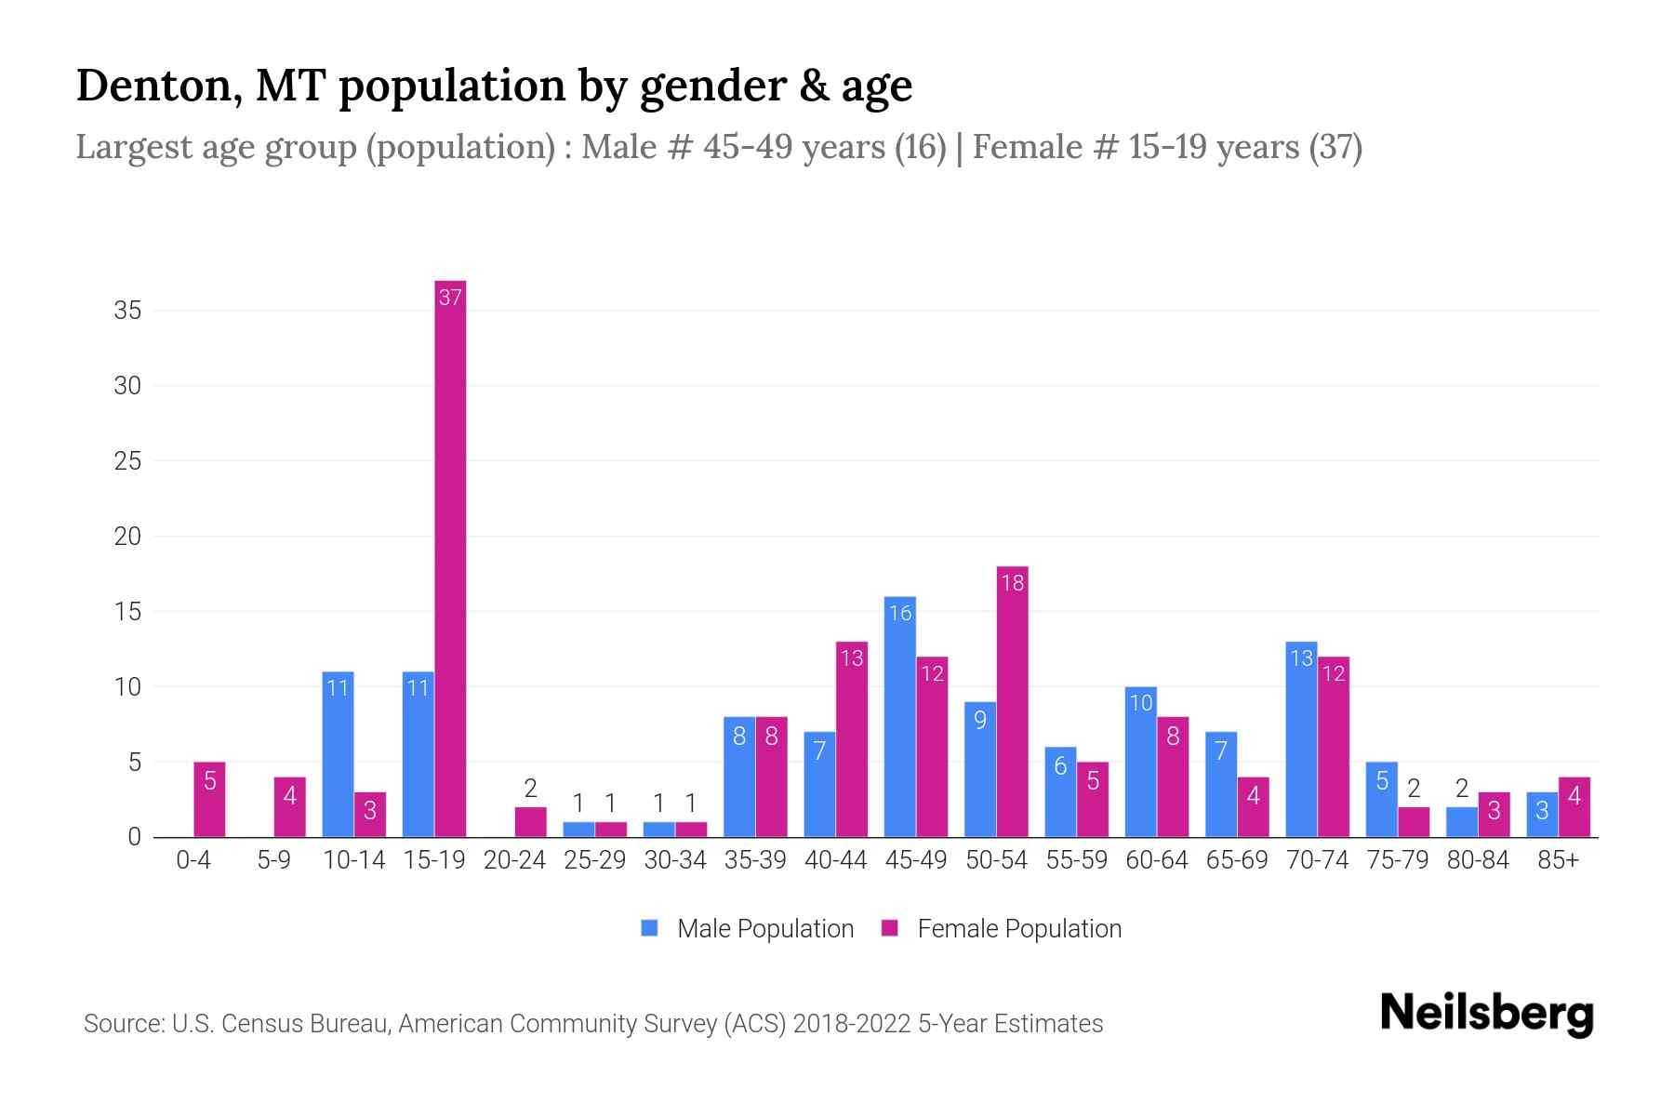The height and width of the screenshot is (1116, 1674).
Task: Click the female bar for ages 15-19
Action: coord(450,558)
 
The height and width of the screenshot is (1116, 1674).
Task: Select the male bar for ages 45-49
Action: coord(899,716)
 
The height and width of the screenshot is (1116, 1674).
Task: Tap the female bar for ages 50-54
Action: coord(1012,702)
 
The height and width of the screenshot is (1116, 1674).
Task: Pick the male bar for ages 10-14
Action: coord(338,754)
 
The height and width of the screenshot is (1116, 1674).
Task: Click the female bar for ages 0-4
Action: coord(209,800)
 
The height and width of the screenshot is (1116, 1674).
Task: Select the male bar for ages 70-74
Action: coord(1301,739)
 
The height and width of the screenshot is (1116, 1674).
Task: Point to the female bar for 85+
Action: coord(1574,807)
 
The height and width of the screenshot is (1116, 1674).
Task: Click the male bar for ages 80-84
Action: coord(1461,822)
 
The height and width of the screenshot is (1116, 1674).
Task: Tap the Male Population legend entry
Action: coord(748,928)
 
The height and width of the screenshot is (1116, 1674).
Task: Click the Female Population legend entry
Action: coord(1002,928)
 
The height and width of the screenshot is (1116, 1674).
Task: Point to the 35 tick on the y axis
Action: coord(127,311)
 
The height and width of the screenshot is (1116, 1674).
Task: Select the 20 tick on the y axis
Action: coord(127,537)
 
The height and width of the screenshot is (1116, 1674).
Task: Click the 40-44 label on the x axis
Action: coord(835,860)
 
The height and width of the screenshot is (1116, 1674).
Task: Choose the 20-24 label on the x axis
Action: coord(514,860)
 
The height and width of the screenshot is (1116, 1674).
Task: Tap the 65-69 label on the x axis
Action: coord(1237,860)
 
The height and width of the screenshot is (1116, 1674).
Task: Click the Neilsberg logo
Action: coord(1486,1014)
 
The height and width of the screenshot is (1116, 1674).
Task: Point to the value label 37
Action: coord(450,298)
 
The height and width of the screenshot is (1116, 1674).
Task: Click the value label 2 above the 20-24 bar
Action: coord(530,789)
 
